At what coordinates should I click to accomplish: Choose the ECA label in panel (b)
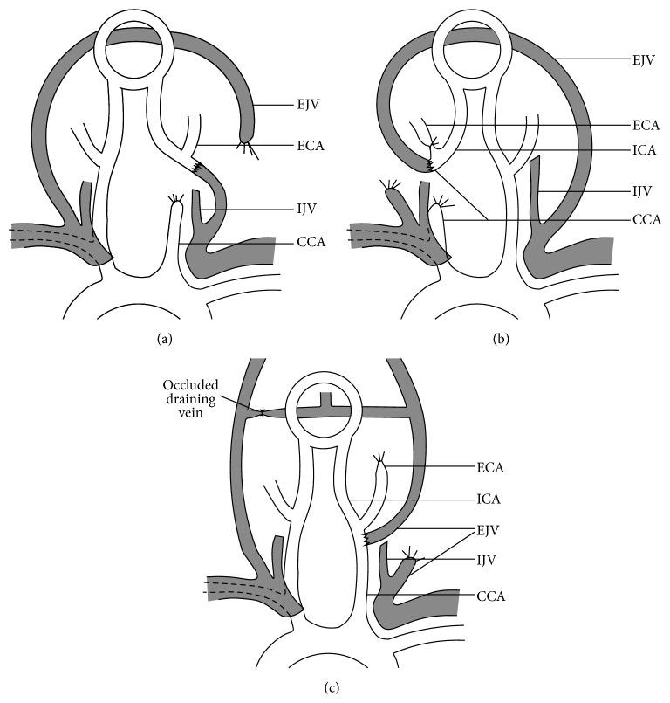click(644, 125)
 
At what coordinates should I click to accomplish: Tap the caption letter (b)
click(501, 341)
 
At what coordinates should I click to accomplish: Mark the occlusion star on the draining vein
click(261, 410)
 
